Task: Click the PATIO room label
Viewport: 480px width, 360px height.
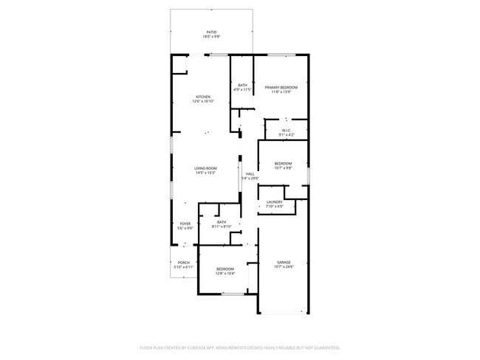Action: tap(211, 32)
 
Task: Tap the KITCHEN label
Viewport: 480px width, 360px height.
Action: tap(203, 97)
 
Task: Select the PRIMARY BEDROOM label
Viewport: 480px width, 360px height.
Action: tap(281, 87)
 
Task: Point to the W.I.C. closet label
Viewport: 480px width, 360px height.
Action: tap(287, 130)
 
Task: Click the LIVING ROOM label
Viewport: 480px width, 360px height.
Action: tap(205, 168)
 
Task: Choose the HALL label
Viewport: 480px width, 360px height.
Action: tap(250, 173)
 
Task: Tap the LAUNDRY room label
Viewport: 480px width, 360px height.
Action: tap(275, 201)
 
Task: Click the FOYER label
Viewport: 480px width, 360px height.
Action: tap(185, 224)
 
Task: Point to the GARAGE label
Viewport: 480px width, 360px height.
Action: tap(284, 262)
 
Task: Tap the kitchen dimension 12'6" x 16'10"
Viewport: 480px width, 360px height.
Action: tap(203, 101)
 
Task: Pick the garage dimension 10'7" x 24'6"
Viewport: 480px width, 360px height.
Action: tap(284, 266)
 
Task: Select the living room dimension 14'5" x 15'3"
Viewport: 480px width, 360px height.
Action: tap(205, 173)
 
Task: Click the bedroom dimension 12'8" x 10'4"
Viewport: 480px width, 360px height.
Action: tap(224, 273)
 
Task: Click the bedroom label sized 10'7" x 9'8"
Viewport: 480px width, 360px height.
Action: tap(283, 164)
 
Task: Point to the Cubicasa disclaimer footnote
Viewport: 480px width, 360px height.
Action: tap(240, 347)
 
